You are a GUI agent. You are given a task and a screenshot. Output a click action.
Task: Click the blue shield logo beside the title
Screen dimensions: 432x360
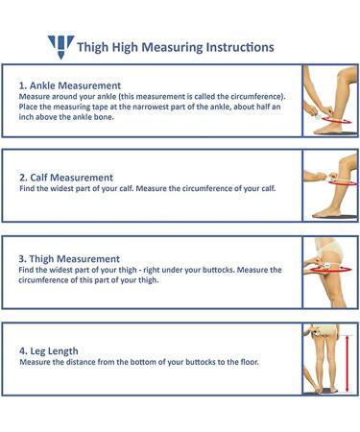coord(60,46)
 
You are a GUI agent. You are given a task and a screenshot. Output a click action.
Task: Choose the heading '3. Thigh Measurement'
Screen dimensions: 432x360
coord(69,259)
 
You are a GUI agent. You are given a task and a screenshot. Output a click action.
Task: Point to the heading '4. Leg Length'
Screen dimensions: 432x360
coord(48,350)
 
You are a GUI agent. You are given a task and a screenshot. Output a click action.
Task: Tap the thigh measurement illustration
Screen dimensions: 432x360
coord(330,272)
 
